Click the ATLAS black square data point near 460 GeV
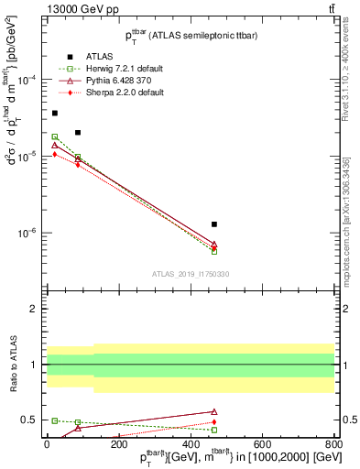(214, 224)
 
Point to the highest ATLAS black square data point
(55, 114)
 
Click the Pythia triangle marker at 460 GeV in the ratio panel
(214, 412)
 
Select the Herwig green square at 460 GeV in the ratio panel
(214, 430)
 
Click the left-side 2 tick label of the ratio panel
(35, 310)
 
